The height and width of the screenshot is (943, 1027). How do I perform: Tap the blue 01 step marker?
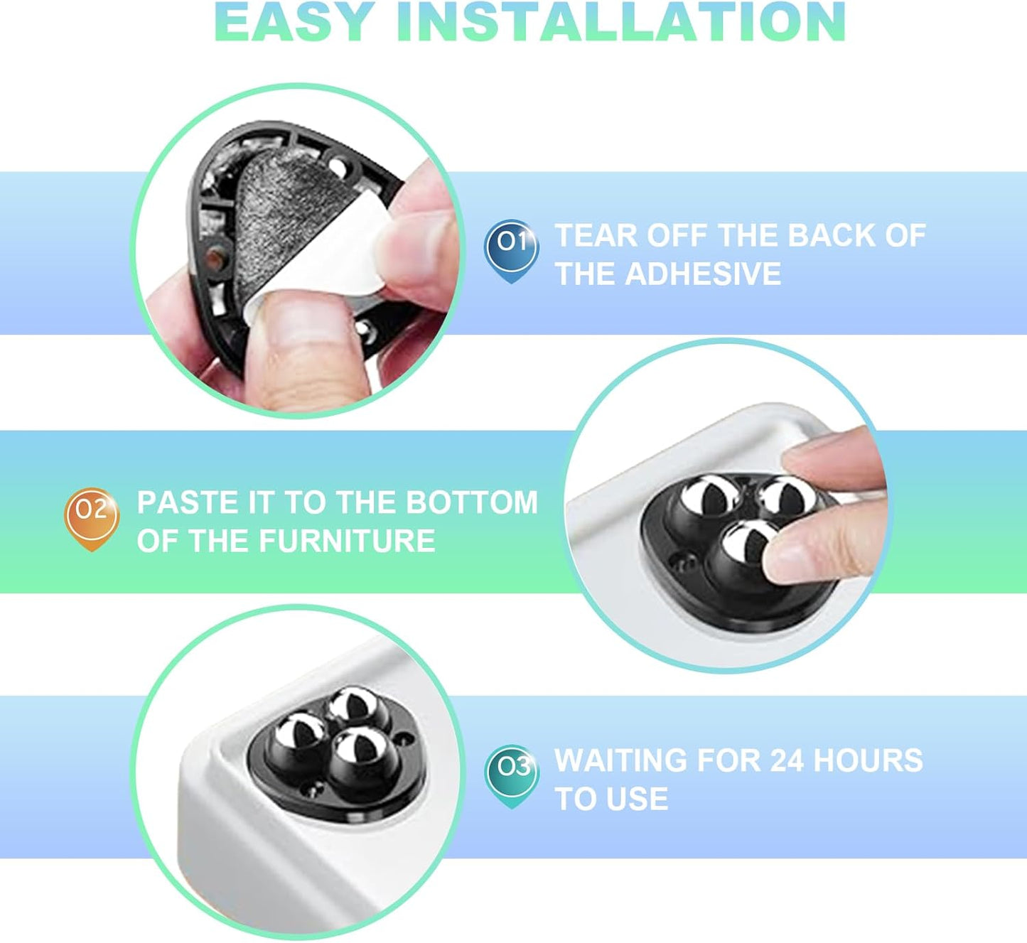(511, 251)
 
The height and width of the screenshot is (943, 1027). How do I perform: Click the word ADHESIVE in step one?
(703, 274)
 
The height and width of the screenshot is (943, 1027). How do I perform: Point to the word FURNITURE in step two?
(347, 541)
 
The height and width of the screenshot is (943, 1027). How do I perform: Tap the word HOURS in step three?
(869, 760)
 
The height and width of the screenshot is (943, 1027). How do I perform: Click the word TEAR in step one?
(596, 235)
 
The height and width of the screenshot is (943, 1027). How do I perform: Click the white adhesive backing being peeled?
(328, 266)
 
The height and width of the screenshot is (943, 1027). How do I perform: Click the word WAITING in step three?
(620, 760)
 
